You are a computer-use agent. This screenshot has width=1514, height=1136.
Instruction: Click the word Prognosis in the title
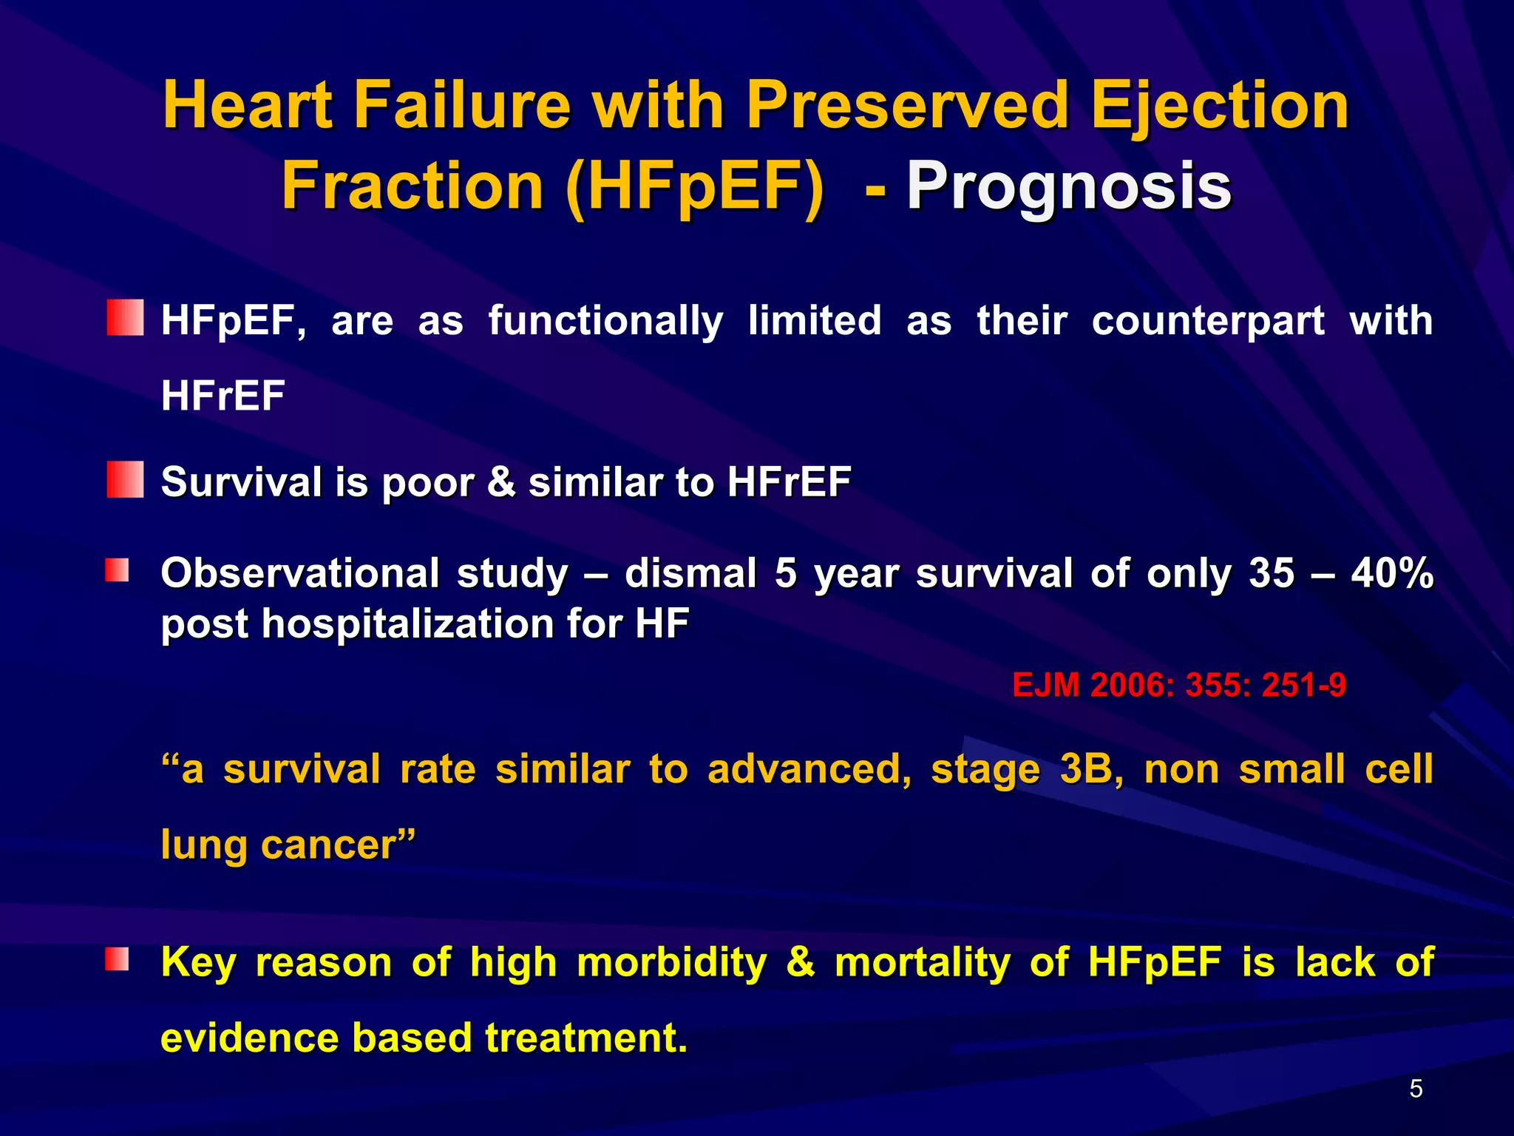pyautogui.click(x=1068, y=186)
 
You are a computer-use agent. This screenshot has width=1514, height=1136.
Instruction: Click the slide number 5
pyautogui.click(x=1416, y=1089)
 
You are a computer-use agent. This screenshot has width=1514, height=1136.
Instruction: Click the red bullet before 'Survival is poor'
pyautogui.click(x=125, y=479)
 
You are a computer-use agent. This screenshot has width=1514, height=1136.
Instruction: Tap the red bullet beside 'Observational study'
pyautogui.click(x=117, y=570)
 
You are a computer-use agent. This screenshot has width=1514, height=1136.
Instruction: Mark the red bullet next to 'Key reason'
pyautogui.click(x=117, y=959)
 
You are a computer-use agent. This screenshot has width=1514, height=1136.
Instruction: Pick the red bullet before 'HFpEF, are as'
pyautogui.click(x=125, y=318)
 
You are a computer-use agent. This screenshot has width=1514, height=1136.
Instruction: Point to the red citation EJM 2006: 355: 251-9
pyautogui.click(x=1178, y=685)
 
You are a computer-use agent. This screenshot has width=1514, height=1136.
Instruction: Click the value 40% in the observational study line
pyautogui.click(x=1392, y=573)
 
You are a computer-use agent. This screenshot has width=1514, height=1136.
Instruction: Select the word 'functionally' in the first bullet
pyautogui.click(x=605, y=322)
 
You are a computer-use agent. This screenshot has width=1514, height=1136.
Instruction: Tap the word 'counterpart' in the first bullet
pyautogui.click(x=1207, y=322)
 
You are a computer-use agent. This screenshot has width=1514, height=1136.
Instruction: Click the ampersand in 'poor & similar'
pyautogui.click(x=501, y=481)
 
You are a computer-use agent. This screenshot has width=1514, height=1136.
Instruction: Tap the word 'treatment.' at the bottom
pyautogui.click(x=586, y=1038)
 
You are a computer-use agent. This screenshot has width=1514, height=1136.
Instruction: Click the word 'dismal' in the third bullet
pyautogui.click(x=690, y=573)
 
